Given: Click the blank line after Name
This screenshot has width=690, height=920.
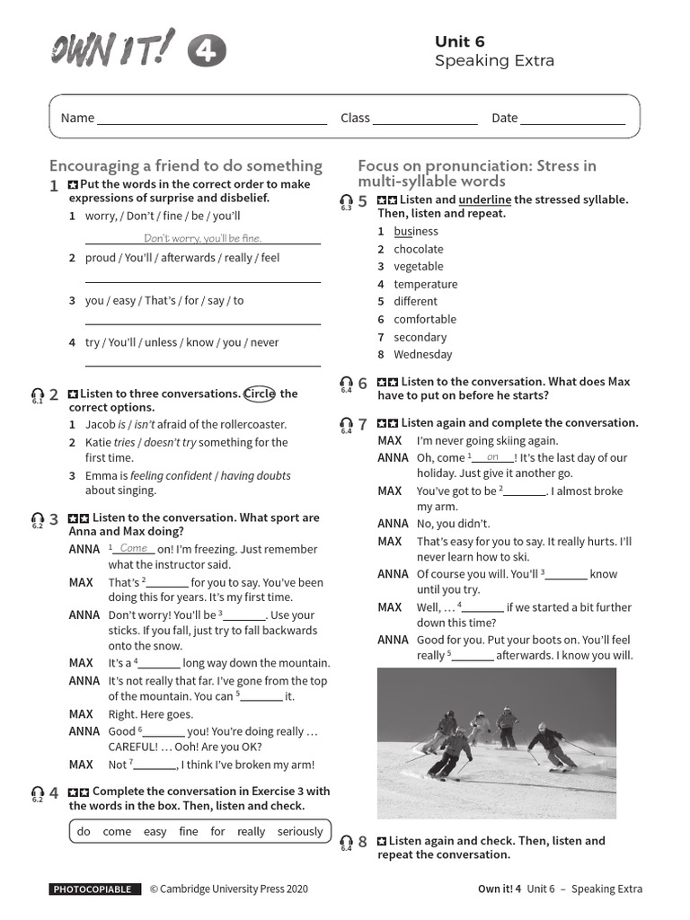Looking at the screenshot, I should (x=212, y=123).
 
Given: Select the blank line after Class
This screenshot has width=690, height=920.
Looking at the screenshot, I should (x=425, y=123).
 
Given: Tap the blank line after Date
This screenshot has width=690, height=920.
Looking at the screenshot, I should (x=572, y=123).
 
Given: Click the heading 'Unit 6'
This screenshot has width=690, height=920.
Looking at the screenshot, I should (x=459, y=41).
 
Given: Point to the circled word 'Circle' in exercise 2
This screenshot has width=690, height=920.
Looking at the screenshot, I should (x=259, y=394).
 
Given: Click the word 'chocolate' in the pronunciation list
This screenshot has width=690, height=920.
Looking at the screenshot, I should (x=419, y=249).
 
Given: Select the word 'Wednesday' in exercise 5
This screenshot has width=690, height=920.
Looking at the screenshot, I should (x=423, y=354).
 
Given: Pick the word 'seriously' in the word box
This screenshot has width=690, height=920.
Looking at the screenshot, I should (x=300, y=831).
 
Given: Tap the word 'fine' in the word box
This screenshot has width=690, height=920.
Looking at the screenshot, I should (x=189, y=831).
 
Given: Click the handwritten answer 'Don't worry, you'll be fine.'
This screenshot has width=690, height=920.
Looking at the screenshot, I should (x=202, y=238).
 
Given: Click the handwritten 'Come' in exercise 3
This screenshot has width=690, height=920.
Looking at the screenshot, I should (x=134, y=548).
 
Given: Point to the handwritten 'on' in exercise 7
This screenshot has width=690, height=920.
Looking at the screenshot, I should (x=492, y=456).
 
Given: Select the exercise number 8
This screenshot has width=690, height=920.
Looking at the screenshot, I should (x=363, y=842).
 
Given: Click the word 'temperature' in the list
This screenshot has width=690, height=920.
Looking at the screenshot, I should (x=426, y=284).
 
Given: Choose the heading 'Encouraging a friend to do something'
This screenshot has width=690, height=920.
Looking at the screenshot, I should (x=186, y=165).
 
